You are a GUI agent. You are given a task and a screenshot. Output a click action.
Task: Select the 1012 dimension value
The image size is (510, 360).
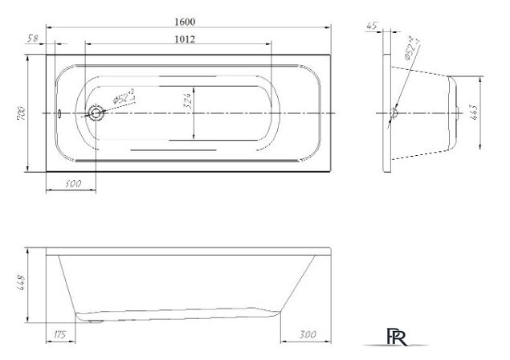(185, 39)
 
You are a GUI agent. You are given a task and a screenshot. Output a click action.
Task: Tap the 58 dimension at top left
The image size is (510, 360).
(33, 38)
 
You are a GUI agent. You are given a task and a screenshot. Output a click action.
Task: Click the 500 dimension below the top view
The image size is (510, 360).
(72, 186)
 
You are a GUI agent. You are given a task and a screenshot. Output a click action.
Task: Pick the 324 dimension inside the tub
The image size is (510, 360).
(186, 102)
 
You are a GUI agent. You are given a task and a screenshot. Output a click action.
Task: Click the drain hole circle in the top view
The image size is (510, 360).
(96, 113)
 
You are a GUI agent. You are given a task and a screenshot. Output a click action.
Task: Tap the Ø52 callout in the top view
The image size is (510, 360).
(124, 97)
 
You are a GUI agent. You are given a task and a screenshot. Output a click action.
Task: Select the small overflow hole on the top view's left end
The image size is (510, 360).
(59, 113)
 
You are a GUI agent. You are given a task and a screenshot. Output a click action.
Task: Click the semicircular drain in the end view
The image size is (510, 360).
(394, 114)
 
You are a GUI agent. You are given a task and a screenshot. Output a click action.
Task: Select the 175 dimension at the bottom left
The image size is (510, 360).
(60, 333)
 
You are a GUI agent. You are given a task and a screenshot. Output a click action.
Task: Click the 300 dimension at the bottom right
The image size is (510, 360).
(305, 333)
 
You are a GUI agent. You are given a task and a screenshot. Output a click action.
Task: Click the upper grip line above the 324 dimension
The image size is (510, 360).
(189, 78)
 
